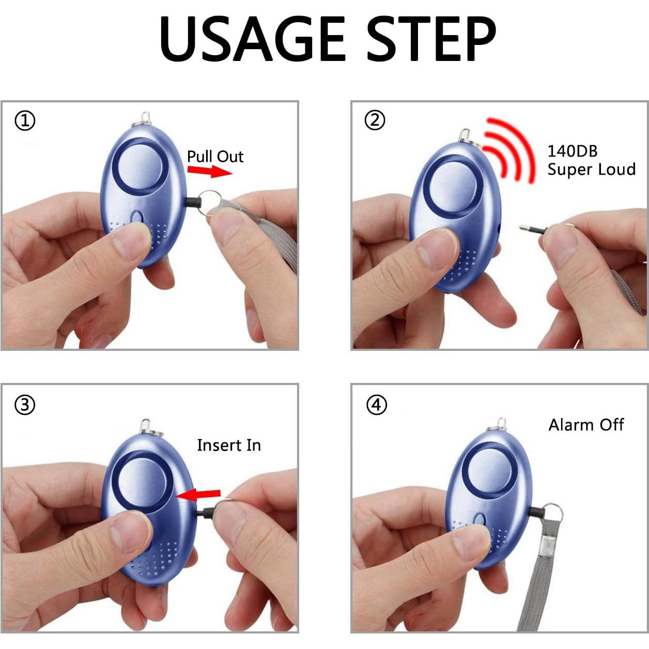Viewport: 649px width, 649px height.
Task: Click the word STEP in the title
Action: pos(431,39)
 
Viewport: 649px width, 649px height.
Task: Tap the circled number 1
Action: pos(25,121)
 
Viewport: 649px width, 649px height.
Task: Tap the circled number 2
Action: pos(375,120)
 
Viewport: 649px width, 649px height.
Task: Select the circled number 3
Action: pos(25,405)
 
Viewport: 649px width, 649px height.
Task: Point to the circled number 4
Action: pos(377,405)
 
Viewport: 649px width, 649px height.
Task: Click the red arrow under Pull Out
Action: pos(210,171)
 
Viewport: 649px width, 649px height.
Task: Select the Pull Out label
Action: pos(215,156)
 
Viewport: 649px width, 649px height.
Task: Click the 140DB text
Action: pos(572,151)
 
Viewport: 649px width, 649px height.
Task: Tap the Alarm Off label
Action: pos(586,425)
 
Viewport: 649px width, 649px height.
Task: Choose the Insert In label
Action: pos(229,445)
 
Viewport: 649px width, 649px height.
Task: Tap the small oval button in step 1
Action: pos(137,217)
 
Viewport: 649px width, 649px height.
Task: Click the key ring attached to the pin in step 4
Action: pos(554,512)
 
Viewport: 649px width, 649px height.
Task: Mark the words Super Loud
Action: pos(591,169)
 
